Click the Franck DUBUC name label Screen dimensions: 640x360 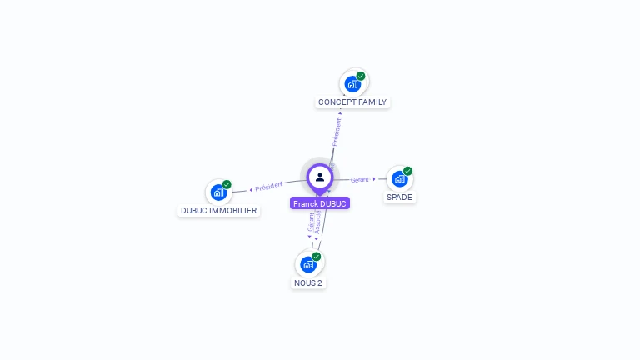[320, 203]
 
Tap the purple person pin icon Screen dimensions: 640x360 [320, 177]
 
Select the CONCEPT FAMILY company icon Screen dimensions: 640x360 [352, 84]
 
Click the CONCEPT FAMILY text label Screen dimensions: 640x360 [352, 102]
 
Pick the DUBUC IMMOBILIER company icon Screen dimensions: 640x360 [218, 192]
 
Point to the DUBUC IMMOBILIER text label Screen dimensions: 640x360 [219, 211]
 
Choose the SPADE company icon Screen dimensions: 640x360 [399, 179]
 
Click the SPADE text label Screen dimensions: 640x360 [399, 197]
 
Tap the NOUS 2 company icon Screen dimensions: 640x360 [308, 265]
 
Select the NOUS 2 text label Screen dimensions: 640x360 [308, 283]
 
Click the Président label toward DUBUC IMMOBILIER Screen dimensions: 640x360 [269, 187]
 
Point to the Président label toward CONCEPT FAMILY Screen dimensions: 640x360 [337, 132]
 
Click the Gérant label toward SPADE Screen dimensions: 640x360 [359, 179]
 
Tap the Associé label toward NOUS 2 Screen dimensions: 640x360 [318, 222]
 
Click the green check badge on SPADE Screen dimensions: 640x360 [407, 171]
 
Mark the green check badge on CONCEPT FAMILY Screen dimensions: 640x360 [361, 76]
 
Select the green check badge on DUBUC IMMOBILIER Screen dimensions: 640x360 [227, 184]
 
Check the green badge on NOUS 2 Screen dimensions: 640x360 [317, 257]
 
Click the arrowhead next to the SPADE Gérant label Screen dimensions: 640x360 [374, 178]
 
